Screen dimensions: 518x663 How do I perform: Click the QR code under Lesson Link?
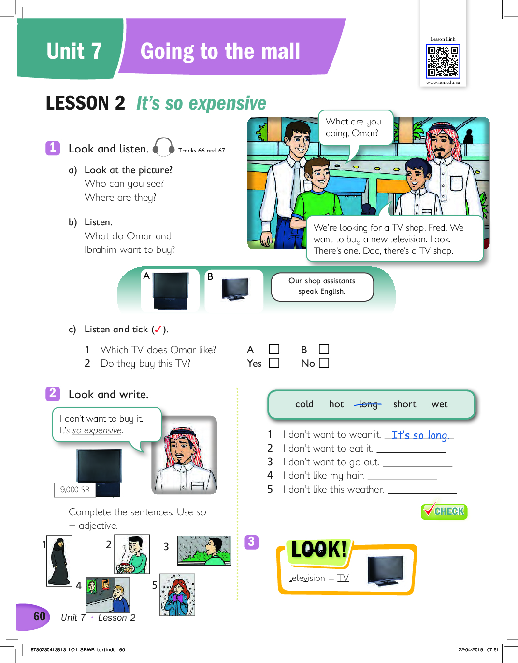[443, 61]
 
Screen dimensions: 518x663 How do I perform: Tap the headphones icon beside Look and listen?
[163, 147]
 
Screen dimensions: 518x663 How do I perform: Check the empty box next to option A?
[274, 349]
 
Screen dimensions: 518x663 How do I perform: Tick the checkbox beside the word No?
[324, 363]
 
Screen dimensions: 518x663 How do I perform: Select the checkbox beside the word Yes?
[274, 363]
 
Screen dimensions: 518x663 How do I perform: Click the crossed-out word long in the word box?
[368, 404]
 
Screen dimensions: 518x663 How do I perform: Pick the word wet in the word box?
[439, 404]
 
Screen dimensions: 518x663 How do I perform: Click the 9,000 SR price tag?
[75, 490]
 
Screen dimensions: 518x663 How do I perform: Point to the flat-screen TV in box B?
[235, 289]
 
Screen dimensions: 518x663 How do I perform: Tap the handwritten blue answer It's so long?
[419, 435]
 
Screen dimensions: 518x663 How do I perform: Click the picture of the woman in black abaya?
[59, 561]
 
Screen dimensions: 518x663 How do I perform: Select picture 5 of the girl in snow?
[177, 594]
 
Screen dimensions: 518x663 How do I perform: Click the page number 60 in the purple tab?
[40, 616]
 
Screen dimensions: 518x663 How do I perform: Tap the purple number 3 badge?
[251, 542]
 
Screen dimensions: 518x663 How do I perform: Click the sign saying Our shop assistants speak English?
[322, 287]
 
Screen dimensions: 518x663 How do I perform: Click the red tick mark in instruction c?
[158, 330]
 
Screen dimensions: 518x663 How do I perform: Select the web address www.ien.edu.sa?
[443, 83]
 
